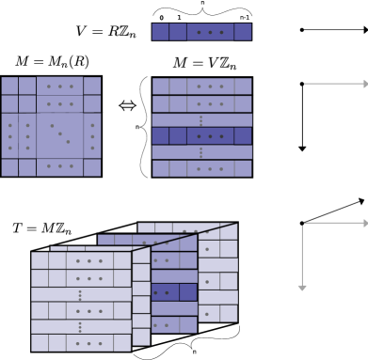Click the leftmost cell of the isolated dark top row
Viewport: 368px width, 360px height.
(160, 32)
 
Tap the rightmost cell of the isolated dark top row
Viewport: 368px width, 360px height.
(243, 32)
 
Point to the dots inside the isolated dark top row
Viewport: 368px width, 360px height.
(210, 32)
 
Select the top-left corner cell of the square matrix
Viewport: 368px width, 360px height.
(9, 86)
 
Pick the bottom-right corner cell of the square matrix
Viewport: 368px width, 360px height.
(91, 167)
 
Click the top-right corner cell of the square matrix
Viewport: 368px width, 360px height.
(91, 86)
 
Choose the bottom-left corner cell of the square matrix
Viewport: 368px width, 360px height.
(9, 167)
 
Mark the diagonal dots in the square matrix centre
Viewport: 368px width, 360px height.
(59, 133)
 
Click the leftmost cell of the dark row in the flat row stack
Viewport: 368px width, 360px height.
(160, 135)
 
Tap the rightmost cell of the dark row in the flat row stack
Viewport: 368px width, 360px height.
(243, 135)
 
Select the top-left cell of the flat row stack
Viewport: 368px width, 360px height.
(160, 86)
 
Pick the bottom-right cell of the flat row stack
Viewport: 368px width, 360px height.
(243, 168)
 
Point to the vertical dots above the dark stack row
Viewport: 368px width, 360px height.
(200, 120)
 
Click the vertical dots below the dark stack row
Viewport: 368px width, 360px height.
(200, 151)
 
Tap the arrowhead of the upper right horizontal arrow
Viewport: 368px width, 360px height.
(364, 84)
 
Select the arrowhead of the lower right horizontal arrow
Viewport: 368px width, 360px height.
(364, 223)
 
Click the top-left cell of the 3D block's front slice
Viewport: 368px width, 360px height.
(40, 260)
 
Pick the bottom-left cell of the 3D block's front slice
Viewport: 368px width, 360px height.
(40, 343)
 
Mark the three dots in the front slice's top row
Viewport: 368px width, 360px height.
(89, 260)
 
